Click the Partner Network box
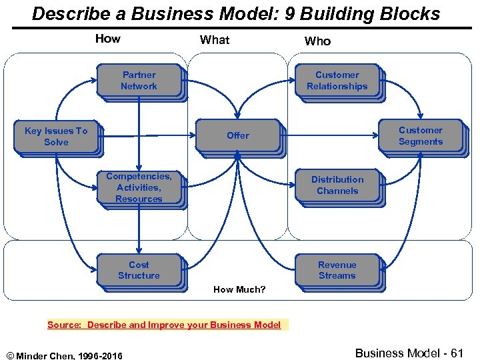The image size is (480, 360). [139, 81]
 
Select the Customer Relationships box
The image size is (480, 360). [337, 81]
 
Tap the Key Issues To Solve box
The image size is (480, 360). [56, 136]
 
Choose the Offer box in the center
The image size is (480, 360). [237, 135]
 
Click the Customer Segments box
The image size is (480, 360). [420, 136]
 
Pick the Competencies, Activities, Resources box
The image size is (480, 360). [139, 187]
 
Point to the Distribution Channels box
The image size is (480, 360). [337, 185]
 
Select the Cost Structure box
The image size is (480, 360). [139, 270]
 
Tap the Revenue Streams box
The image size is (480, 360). [337, 270]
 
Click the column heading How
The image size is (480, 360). [107, 39]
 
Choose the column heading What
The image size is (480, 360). [215, 40]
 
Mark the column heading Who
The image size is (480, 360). [317, 41]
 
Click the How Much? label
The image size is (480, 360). [239, 289]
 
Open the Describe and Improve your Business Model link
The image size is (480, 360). [184, 325]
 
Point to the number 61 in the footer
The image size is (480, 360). [455, 353]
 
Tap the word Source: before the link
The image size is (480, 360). [65, 325]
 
